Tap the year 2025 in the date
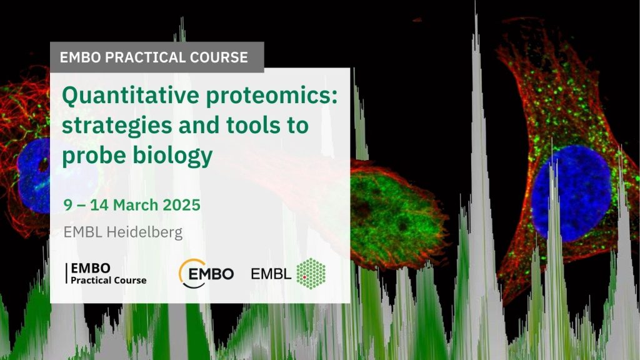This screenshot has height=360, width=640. (182, 205)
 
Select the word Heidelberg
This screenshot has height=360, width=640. (144, 232)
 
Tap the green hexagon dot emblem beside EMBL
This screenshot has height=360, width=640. (311, 274)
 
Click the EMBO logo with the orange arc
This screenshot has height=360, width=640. (206, 274)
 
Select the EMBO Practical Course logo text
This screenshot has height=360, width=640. (106, 274)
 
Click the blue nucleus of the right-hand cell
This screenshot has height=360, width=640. (571, 193)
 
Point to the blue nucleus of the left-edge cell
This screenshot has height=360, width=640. (34, 176)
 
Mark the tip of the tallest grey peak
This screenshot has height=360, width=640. (476, 2)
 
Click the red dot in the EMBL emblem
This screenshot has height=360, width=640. (304, 277)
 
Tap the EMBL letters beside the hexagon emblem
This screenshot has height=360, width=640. (271, 274)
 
